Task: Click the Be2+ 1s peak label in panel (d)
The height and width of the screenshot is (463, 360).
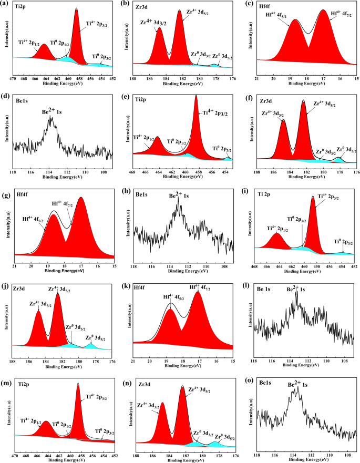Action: click(x=52, y=112)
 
